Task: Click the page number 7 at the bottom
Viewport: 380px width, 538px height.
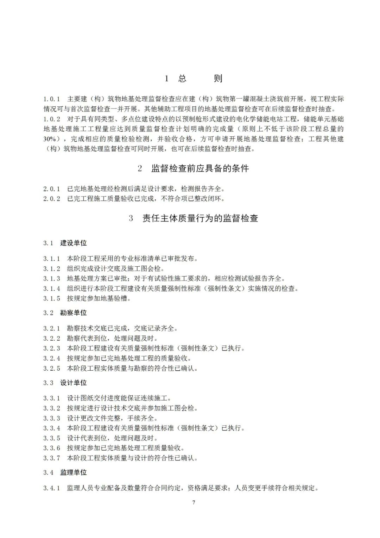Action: tap(194, 502)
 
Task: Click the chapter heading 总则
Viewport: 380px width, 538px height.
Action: tap(200, 78)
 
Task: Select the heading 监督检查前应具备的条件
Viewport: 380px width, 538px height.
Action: tap(200, 168)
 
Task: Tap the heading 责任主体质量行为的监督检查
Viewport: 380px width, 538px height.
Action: tap(200, 218)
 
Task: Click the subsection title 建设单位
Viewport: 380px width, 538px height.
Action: tap(73, 243)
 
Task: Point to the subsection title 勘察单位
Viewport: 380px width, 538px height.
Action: tap(73, 313)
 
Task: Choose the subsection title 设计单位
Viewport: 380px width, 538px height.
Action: tap(73, 383)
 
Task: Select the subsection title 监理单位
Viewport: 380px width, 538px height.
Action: tap(73, 472)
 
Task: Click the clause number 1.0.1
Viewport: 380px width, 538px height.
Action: tap(52, 99)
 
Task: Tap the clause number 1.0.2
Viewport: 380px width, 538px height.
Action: tap(52, 119)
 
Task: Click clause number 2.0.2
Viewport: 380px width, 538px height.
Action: tap(52, 199)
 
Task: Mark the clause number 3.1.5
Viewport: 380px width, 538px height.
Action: tap(52, 298)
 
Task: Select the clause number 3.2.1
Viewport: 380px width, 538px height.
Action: tap(52, 328)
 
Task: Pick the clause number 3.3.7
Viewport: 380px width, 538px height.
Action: tap(52, 458)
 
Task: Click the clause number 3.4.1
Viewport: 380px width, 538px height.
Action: tap(52, 488)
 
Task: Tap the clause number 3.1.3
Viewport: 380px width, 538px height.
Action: tap(52, 279)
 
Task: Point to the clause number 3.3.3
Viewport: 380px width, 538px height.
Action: tap(52, 418)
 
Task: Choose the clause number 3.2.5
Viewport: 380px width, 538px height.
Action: tap(52, 369)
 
